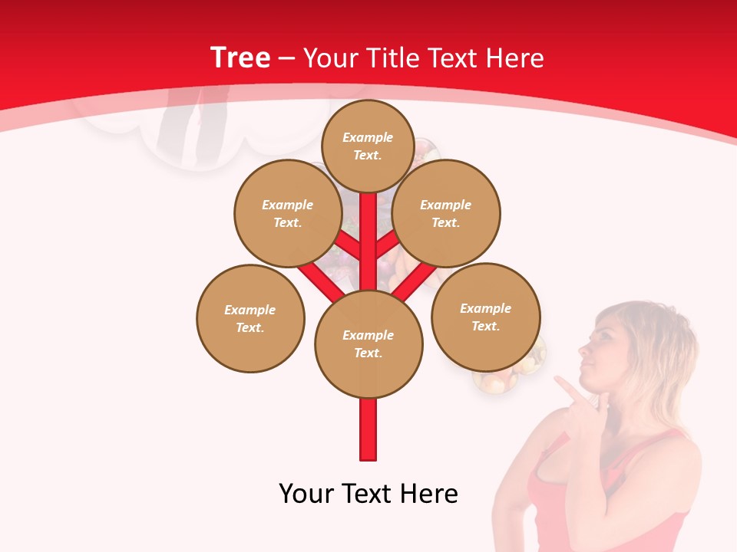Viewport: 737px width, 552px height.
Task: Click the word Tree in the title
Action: tap(240, 58)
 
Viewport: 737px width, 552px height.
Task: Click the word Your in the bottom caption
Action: tap(306, 494)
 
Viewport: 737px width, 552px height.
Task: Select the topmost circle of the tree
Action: tap(368, 146)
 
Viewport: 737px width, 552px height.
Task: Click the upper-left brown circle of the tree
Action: tap(287, 213)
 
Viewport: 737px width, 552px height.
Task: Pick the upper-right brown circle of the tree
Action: tap(445, 213)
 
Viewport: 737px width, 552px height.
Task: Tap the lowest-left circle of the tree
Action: tap(250, 318)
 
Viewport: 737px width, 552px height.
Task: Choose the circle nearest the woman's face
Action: tap(485, 317)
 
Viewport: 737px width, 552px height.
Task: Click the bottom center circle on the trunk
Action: tap(368, 343)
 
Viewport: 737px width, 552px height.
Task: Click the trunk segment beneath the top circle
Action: tap(368, 230)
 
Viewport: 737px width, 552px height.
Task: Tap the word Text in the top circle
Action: tap(367, 155)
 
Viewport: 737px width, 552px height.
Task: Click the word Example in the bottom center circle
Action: tap(368, 335)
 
